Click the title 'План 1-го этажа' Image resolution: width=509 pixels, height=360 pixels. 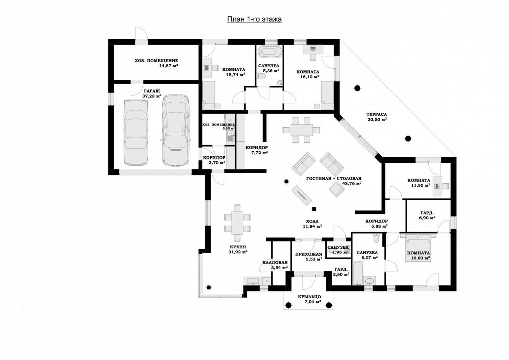click(254, 19)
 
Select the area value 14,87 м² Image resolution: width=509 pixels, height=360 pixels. click(168, 66)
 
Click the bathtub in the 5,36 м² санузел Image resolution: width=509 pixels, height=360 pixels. click(270, 52)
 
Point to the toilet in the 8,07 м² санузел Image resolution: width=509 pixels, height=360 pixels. click(376, 239)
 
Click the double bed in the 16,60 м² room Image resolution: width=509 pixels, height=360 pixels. click(418, 248)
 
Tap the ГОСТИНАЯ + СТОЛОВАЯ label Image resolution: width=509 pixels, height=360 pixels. click(334, 179)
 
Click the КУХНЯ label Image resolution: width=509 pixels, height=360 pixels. click(238, 247)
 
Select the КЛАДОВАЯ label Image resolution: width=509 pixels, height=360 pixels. click(275, 262)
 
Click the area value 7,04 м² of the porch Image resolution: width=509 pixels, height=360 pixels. click(313, 302)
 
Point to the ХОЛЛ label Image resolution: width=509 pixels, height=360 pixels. click(312, 221)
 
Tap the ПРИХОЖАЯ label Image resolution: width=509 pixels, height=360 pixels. click(309, 254)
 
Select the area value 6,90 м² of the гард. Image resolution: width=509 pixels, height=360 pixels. click(427, 218)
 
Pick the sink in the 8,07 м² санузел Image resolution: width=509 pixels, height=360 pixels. click(370, 280)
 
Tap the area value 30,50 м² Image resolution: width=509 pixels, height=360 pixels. click(377, 119)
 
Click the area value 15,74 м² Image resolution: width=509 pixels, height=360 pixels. click(235, 74)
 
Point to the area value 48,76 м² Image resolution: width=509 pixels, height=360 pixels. click(352, 183)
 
